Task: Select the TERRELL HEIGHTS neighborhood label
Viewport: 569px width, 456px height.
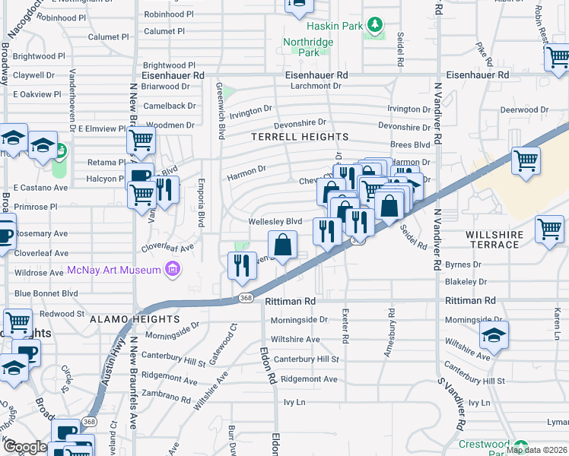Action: (300, 138)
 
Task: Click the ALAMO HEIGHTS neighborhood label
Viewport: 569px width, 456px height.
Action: (134, 320)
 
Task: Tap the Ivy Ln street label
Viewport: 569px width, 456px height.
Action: (294, 401)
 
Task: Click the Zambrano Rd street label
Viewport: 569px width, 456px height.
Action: (165, 397)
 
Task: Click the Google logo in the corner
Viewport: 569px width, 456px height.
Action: (24, 448)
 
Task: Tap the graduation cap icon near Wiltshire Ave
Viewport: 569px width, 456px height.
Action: (494, 336)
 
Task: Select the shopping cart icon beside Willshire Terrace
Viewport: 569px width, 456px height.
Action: (549, 229)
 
